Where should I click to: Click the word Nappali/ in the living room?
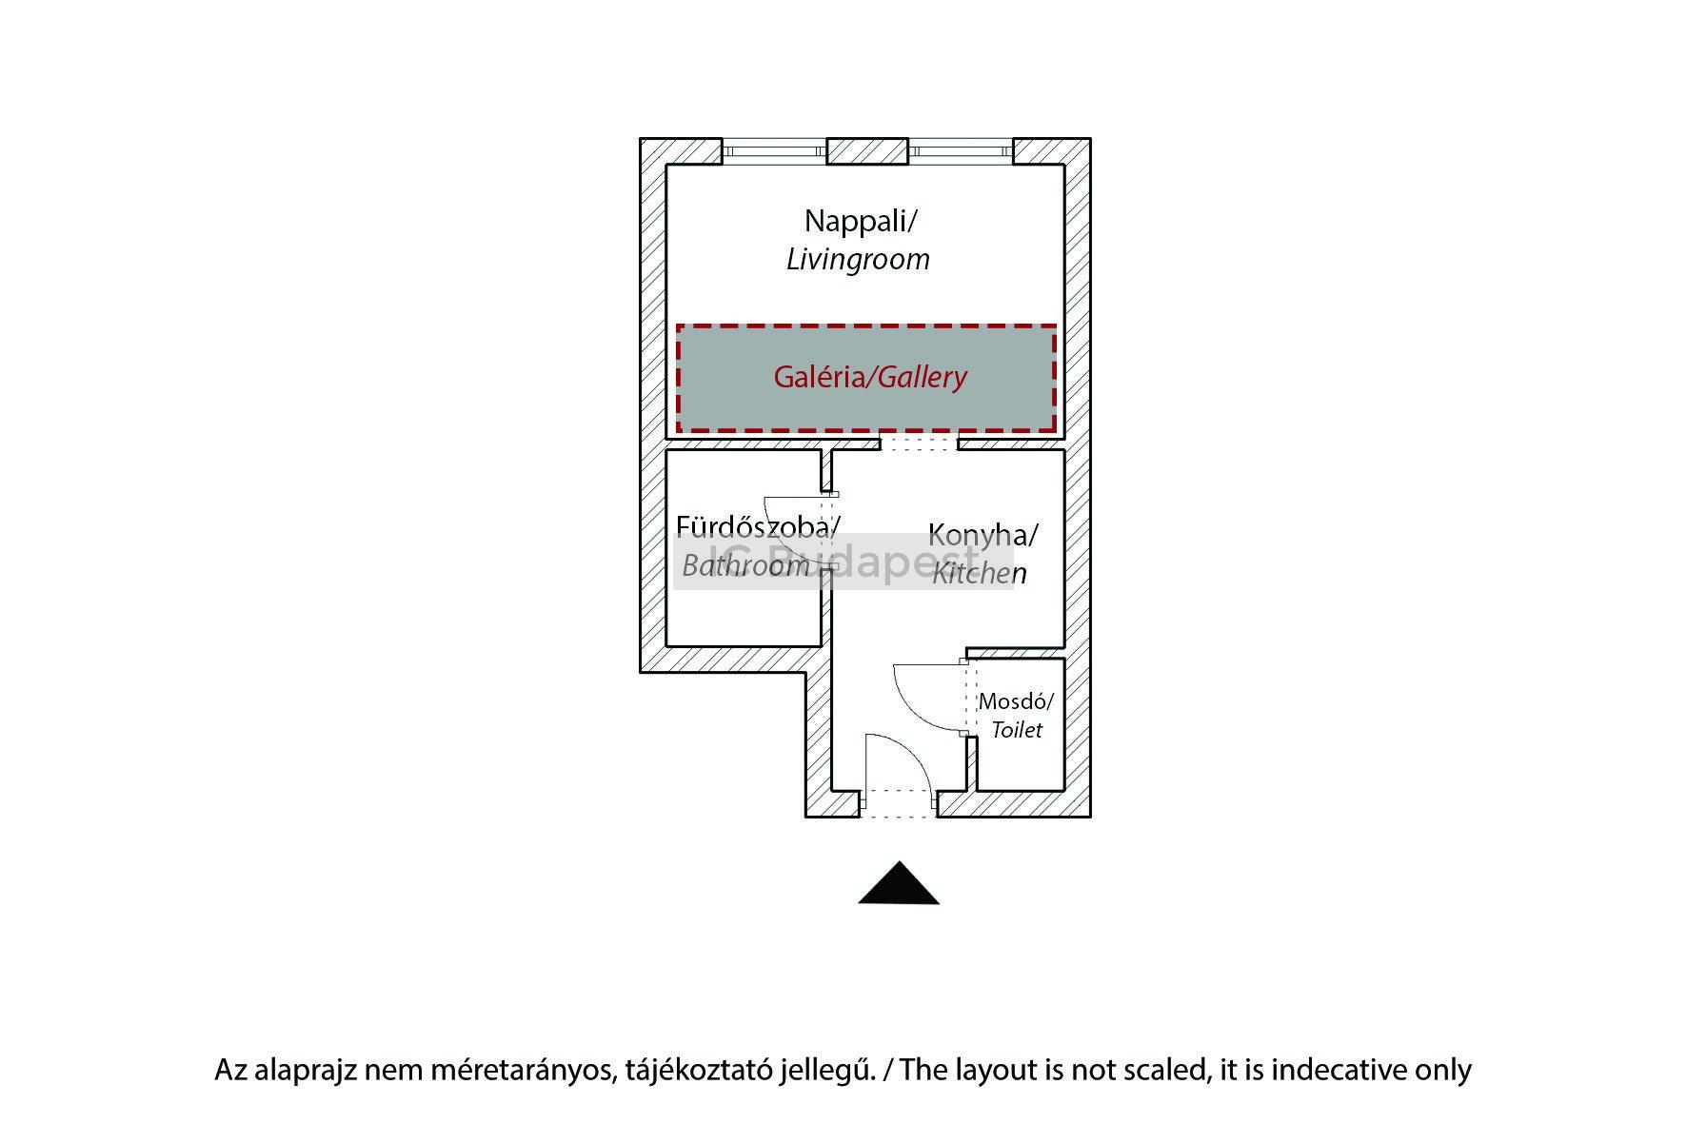pos(860,221)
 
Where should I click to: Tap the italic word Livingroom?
pos(858,260)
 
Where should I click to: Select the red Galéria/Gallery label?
pos(869,377)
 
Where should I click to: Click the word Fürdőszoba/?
pos(758,526)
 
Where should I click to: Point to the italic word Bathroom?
pos(745,565)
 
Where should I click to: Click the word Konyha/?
pos(982,535)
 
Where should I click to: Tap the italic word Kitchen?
pos(979,573)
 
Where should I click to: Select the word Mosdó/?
pos(1016,702)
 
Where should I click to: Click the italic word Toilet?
pos(1016,730)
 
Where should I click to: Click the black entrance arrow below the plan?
pos(899,885)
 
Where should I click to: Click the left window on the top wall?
pos(774,150)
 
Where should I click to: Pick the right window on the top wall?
pos(960,150)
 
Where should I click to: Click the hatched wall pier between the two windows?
pos(866,150)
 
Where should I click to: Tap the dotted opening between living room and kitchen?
pos(918,443)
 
